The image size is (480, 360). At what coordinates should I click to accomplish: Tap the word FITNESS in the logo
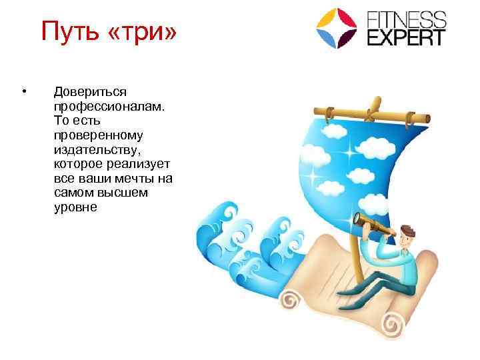407,18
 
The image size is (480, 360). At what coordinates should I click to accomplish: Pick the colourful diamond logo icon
337,28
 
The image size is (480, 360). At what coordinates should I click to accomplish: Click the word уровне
75,208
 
